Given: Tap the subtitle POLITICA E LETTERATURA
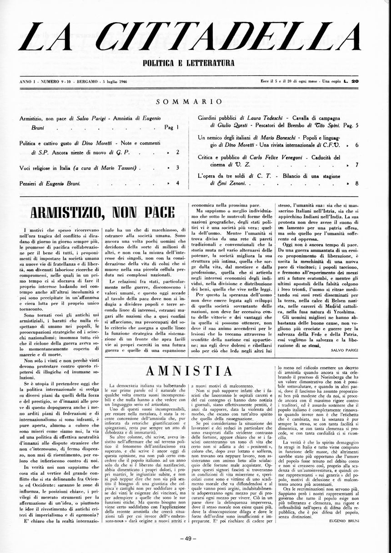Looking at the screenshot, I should pyautogui.click(x=189, y=63).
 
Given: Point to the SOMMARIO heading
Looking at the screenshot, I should pyautogui.click(x=189, y=102).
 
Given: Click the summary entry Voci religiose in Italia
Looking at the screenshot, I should pyautogui.click(x=45, y=168).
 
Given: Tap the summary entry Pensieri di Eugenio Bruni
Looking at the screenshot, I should pyautogui.click(x=50, y=183).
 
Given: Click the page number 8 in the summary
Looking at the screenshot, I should pyautogui.click(x=357, y=183).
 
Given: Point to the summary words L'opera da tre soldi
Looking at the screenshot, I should pyautogui.click(x=224, y=176).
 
